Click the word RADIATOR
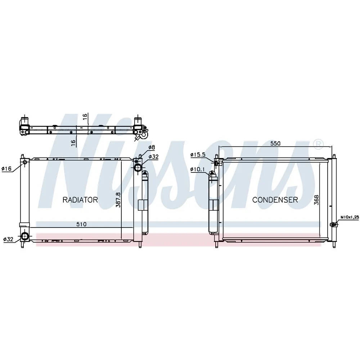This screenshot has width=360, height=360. click(x=80, y=200)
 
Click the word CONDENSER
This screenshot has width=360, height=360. click(x=275, y=200)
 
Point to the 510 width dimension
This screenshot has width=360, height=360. click(x=81, y=224)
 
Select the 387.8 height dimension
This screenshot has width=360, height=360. click(x=118, y=200)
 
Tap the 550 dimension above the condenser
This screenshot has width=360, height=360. click(x=275, y=143)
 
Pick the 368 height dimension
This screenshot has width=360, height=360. click(x=316, y=200)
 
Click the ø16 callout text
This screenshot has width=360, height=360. click(x=6, y=169)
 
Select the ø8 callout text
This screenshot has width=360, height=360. click(x=152, y=147)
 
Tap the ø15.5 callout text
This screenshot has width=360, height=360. click(x=198, y=155)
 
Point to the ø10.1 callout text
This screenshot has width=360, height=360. click(x=198, y=170)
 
